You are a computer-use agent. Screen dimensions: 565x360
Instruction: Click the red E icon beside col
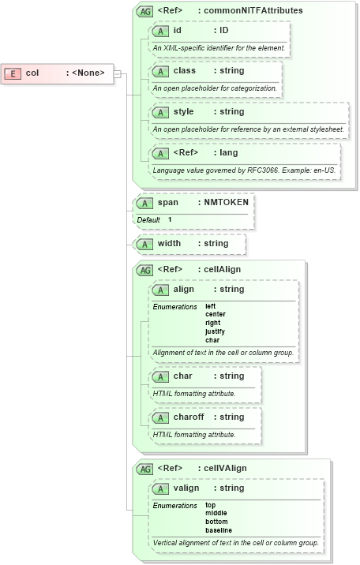pyautogui.click(x=13, y=73)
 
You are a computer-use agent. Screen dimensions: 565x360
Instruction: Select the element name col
pyautogui.click(x=32, y=73)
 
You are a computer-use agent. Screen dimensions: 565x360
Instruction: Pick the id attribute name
pyautogui.click(x=178, y=30)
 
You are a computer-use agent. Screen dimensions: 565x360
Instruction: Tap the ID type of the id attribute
pyautogui.click(x=223, y=30)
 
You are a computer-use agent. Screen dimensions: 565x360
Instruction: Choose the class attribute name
pyautogui.click(x=185, y=71)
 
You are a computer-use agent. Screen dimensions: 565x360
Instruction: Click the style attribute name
pyautogui.click(x=184, y=112)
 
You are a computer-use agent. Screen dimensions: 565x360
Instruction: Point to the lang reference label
pyautogui.click(x=229, y=153)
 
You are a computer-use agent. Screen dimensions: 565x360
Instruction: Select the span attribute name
pyautogui.click(x=167, y=203)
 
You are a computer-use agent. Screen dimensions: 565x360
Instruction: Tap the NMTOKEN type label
pyautogui.click(x=226, y=203)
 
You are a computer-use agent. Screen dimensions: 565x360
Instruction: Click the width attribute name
pyautogui.click(x=169, y=244)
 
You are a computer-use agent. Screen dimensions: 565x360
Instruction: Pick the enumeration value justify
pyautogui.click(x=215, y=331)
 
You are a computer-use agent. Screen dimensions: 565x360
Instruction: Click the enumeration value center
pyautogui.click(x=215, y=314)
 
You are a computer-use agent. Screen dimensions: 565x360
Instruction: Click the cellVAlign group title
pyautogui.click(x=225, y=468)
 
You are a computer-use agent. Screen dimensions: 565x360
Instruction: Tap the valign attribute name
pyautogui.click(x=186, y=488)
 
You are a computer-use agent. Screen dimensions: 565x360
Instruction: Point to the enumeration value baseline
pyautogui.click(x=219, y=530)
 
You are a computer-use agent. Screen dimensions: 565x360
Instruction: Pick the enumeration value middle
pyautogui.click(x=216, y=513)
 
